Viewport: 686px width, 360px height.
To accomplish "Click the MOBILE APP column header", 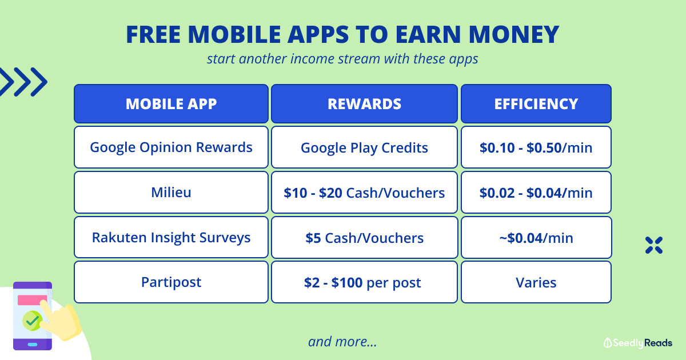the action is pyautogui.click(x=171, y=104).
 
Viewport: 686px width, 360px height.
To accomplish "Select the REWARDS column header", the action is pyautogui.click(x=365, y=104).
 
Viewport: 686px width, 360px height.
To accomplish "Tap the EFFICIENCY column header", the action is pyautogui.click(x=536, y=104).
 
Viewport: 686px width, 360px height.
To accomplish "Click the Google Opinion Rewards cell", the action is pyautogui.click(x=171, y=147).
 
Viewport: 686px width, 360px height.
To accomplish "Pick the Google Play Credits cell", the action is pyautogui.click(x=365, y=147).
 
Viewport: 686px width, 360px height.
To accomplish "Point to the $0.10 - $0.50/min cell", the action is pyautogui.click(x=536, y=147).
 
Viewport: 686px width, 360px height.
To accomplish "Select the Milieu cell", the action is pyautogui.click(x=171, y=192).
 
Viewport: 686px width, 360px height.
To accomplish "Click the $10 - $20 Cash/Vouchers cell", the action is pyautogui.click(x=365, y=192).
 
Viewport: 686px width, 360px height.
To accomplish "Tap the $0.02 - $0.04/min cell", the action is pyautogui.click(x=536, y=192).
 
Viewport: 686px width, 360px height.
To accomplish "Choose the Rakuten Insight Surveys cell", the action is pyautogui.click(x=171, y=237).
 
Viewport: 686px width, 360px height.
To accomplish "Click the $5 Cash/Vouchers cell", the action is pyautogui.click(x=365, y=237).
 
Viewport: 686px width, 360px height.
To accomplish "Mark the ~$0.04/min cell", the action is pyautogui.click(x=536, y=237).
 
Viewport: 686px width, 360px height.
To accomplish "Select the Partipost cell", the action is pyautogui.click(x=171, y=282).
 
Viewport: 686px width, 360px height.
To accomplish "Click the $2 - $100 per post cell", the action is pyautogui.click(x=365, y=282).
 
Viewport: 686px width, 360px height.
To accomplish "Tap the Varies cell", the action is pyautogui.click(x=536, y=282).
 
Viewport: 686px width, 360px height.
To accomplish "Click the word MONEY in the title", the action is pyautogui.click(x=514, y=34).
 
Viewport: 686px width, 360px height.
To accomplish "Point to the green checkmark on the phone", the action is pyautogui.click(x=32, y=321).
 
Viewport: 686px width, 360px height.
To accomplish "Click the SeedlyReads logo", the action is pyautogui.click(x=637, y=343).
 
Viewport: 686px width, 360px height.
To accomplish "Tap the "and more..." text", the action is pyautogui.click(x=342, y=342).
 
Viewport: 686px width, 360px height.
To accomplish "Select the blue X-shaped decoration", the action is pyautogui.click(x=654, y=245).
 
